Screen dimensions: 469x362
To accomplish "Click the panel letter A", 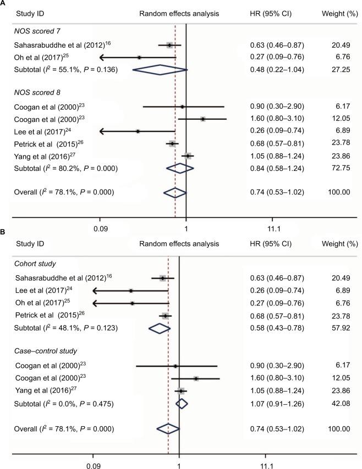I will point(4,3).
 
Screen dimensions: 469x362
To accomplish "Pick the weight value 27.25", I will point(336,70).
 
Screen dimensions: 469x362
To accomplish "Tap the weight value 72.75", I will point(336,169).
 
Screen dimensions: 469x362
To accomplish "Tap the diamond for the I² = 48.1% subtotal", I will point(160,328).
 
